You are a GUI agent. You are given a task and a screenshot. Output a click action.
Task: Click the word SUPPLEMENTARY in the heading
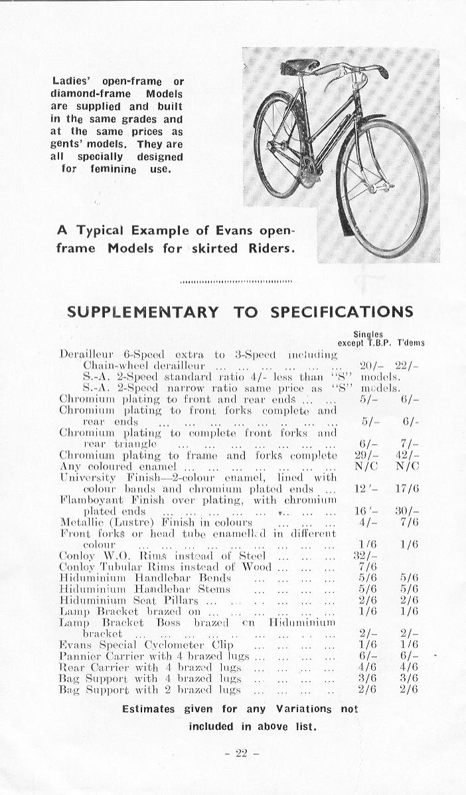point(143,312)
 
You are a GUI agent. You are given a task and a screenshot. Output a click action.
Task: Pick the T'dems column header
point(411,343)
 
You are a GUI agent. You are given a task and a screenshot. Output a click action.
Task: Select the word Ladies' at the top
point(72,82)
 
